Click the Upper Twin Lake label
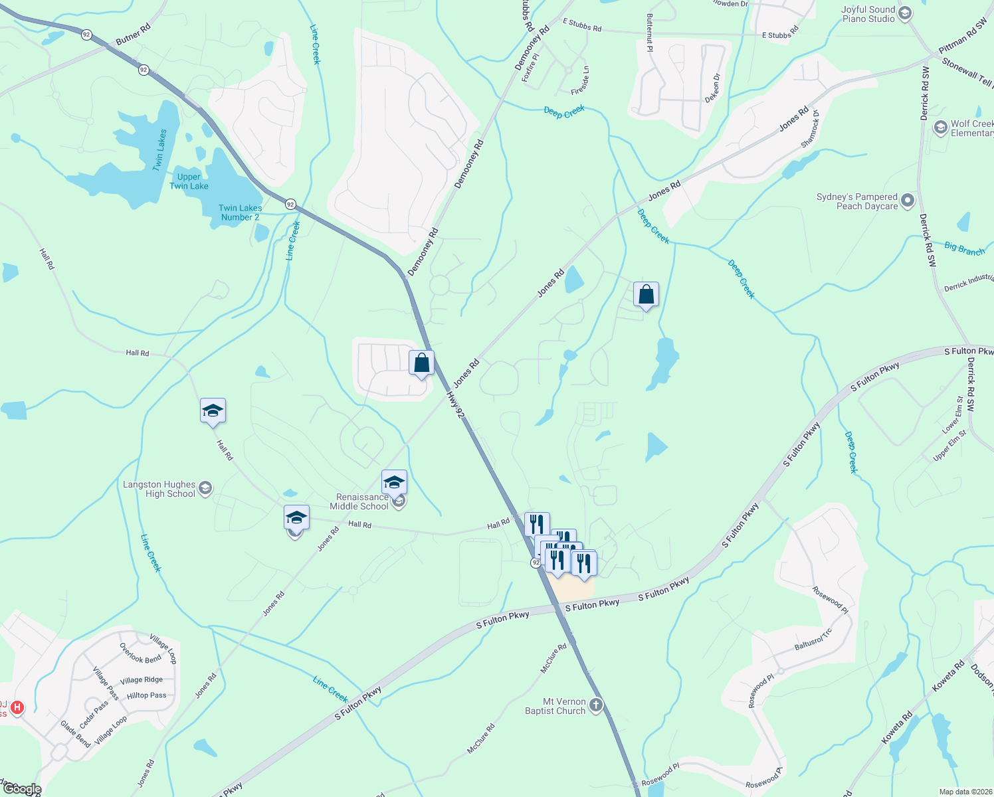(x=189, y=181)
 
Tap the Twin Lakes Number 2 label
(x=240, y=213)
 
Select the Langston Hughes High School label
(x=159, y=489)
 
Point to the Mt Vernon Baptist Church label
(x=555, y=706)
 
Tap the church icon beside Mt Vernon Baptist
(x=596, y=705)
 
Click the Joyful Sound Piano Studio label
(x=868, y=14)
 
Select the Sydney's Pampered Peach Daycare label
(x=857, y=201)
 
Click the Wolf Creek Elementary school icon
(x=940, y=127)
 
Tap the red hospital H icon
(x=18, y=708)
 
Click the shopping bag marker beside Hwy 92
(x=421, y=363)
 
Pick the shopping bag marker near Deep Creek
(x=646, y=294)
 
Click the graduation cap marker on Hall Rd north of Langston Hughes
(x=213, y=411)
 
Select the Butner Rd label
(x=133, y=35)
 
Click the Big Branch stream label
(x=964, y=249)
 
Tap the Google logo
(x=22, y=789)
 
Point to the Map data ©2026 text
(x=963, y=792)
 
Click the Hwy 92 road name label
(x=455, y=404)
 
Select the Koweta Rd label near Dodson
(x=949, y=676)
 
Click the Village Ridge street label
(x=141, y=680)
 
